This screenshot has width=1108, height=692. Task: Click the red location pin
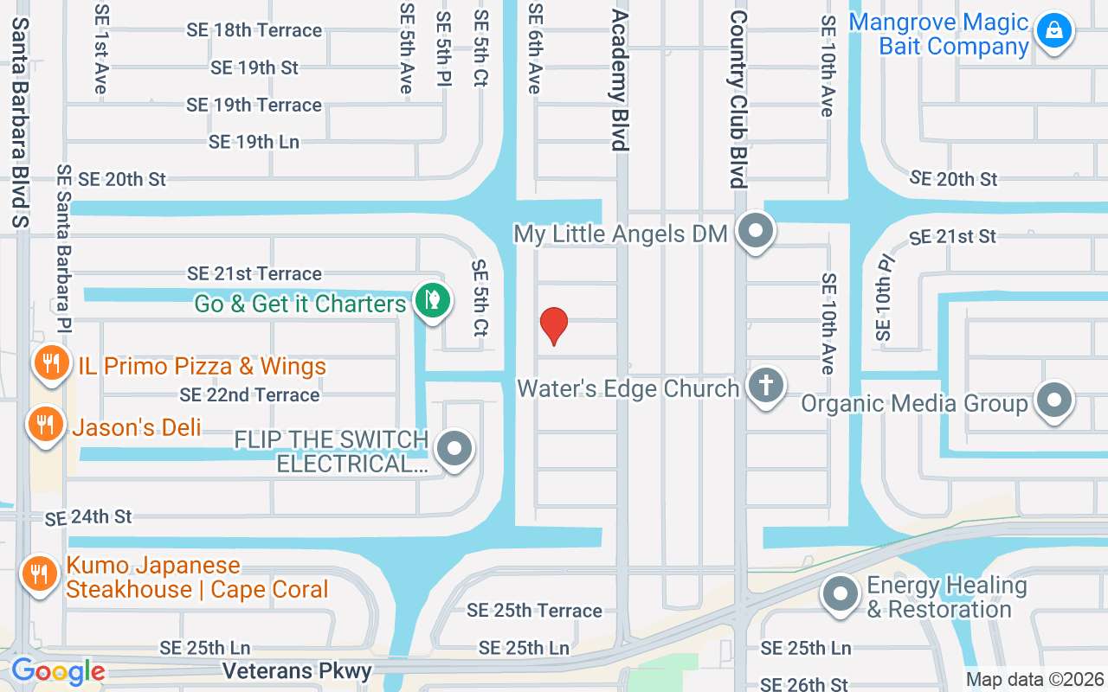[554, 325]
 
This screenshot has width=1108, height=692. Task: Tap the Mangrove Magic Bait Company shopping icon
[1053, 31]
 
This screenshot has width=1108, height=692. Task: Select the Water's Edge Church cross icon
[765, 385]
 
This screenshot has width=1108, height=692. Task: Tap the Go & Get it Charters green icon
[431, 300]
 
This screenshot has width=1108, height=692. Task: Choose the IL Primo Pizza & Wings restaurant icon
[51, 363]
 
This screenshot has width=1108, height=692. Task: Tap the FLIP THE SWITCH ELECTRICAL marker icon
[454, 449]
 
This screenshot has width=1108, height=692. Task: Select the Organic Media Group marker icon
[1053, 400]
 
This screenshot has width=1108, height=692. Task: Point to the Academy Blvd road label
[619, 80]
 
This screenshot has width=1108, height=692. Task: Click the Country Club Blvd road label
[738, 99]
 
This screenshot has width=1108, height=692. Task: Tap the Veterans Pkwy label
[297, 671]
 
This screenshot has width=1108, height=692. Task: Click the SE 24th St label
[88, 517]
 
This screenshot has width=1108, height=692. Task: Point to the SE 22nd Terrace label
[249, 395]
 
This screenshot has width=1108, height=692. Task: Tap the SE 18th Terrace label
[254, 30]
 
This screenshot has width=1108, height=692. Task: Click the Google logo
[58, 671]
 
